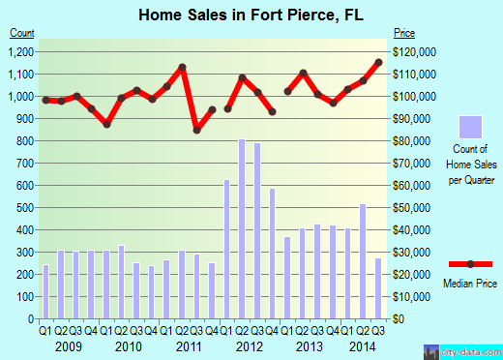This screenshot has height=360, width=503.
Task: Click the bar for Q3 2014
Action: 377,288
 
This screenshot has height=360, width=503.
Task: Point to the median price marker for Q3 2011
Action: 197,129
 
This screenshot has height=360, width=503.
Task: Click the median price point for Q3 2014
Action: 378,62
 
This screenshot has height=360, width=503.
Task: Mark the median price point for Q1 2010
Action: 107,124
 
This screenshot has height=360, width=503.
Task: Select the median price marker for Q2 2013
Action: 303,74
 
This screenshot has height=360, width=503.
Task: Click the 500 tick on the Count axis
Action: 28,208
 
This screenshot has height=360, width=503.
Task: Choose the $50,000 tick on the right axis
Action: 412,208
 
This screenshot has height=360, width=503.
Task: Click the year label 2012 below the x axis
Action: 249,345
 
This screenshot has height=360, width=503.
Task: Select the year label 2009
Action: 69,345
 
